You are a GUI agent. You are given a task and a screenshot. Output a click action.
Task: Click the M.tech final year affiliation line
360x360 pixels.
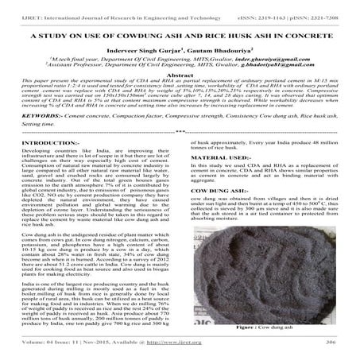pos(119,69)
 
